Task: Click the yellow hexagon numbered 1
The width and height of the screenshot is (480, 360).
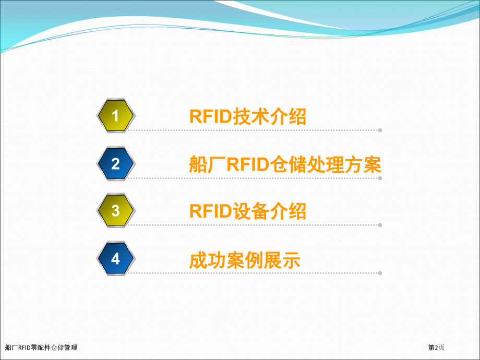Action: coord(116,116)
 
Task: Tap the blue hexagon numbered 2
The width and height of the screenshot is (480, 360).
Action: coord(116,164)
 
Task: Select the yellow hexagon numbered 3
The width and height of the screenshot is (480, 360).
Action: coord(116,211)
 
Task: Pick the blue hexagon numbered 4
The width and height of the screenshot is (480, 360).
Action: coord(116,259)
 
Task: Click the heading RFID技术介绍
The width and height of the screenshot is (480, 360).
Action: coord(248,117)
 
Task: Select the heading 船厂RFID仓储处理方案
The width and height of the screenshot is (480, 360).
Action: coord(285,164)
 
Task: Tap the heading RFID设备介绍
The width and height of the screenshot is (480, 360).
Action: coord(248,211)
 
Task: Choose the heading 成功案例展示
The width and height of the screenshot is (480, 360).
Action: coord(245,260)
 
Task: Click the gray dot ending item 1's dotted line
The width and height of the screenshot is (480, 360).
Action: coord(380,130)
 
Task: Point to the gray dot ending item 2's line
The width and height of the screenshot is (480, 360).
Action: coord(380,178)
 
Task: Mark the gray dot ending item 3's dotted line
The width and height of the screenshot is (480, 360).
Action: coord(380,225)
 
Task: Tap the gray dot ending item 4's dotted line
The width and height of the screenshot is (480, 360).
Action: coord(380,273)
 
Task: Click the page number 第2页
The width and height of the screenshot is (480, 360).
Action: coord(436,347)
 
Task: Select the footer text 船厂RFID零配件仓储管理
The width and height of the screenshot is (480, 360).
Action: coord(41,347)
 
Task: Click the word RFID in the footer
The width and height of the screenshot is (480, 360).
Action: coord(24,348)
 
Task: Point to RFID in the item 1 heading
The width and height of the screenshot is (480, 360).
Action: coord(211,117)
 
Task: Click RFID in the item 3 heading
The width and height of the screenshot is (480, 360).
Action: coord(211,211)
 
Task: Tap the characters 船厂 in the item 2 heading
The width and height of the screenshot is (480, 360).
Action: coord(208,164)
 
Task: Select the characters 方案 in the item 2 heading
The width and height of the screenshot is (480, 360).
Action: coord(363,164)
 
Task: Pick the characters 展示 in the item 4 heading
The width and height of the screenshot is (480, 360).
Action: coord(282,260)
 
